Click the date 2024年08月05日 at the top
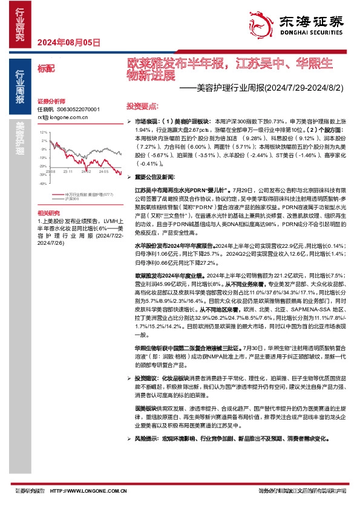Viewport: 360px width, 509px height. click(68, 42)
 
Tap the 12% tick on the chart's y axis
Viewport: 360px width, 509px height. click(42, 132)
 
